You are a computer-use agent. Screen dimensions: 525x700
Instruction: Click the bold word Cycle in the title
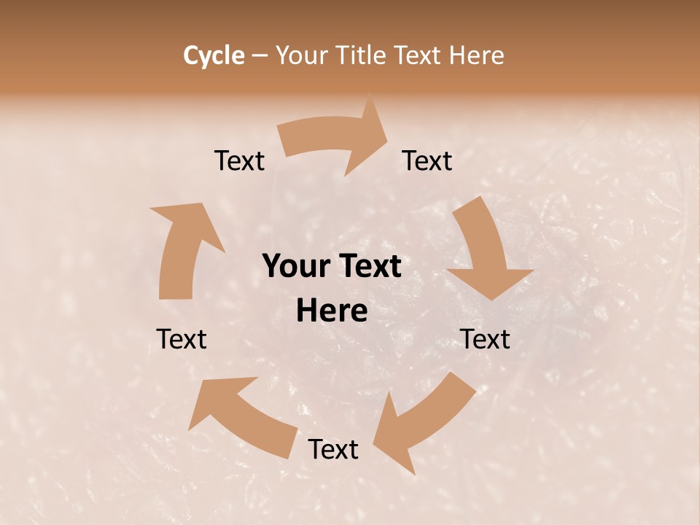pyautogui.click(x=214, y=55)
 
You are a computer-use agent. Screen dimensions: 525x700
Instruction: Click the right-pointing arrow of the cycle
pyautogui.click(x=335, y=138)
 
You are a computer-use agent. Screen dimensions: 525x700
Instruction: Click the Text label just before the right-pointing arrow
pyautogui.click(x=239, y=160)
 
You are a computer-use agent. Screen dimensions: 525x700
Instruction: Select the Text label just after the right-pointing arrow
pyautogui.click(x=427, y=160)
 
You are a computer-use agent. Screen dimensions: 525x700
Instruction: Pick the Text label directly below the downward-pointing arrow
pyautogui.click(x=486, y=339)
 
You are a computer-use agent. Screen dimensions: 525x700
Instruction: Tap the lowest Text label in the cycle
pyautogui.click(x=333, y=449)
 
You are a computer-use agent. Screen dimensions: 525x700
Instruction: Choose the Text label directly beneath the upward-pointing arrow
pyautogui.click(x=182, y=339)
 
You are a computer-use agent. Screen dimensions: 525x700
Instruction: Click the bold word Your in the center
pyautogui.click(x=297, y=267)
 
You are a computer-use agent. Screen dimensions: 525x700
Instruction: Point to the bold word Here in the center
pyautogui.click(x=332, y=311)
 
